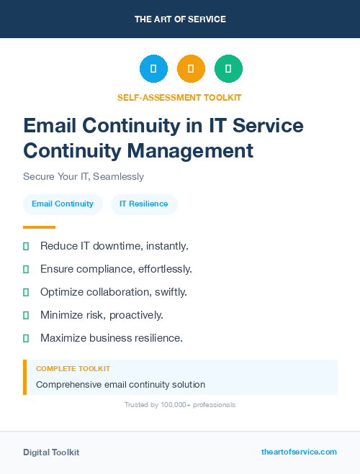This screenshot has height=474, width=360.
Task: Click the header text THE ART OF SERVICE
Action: click(180, 19)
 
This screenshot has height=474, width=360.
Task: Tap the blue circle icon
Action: click(153, 68)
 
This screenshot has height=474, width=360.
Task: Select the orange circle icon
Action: click(191, 68)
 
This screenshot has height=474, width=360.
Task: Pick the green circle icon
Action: click(228, 68)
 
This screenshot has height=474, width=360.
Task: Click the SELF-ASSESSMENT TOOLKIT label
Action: click(179, 97)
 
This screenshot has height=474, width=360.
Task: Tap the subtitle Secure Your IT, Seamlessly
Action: click(84, 176)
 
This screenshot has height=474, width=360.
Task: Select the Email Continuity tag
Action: click(63, 204)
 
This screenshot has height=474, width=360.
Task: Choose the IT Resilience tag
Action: click(144, 204)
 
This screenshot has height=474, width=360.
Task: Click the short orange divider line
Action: click(39, 227)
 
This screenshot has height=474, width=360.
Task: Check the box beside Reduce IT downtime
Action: click(26, 246)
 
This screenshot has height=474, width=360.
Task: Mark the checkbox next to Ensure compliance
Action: click(26, 269)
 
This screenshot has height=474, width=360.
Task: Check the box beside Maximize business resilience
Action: click(26, 338)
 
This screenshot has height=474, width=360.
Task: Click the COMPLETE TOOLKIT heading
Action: click(73, 368)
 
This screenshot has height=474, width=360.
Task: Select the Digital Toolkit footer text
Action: click(51, 452)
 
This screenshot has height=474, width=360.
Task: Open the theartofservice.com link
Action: click(299, 452)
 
